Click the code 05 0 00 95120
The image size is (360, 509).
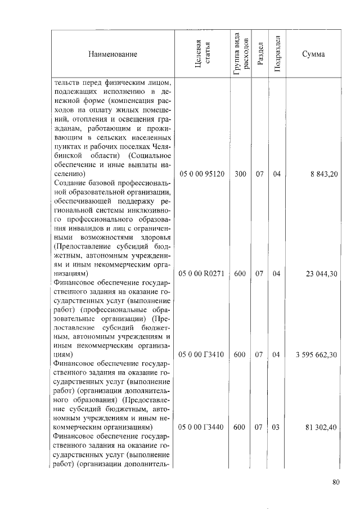point(202,174)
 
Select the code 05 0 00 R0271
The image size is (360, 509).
point(202,273)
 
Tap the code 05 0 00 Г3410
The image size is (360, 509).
point(202,355)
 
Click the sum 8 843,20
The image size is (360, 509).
point(323,174)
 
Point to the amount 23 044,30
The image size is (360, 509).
point(321,273)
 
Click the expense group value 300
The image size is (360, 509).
point(240,174)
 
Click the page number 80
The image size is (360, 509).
point(336,481)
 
